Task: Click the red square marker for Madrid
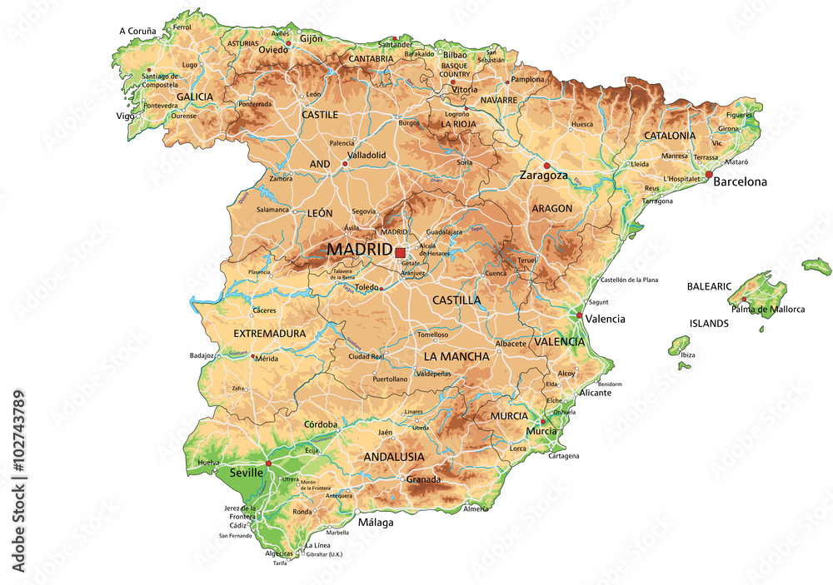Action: click(400, 251)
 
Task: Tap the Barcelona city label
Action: click(741, 181)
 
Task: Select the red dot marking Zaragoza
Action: click(546, 166)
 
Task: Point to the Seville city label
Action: click(247, 472)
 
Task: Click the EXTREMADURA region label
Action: click(269, 334)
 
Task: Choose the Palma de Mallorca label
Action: click(768, 310)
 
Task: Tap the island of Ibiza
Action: click(680, 344)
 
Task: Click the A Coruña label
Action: click(137, 31)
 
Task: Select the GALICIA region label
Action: click(194, 97)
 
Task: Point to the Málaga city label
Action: click(375, 523)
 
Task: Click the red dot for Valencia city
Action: click(580, 315)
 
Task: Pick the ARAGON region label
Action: click(551, 208)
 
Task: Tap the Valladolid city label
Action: click(367, 155)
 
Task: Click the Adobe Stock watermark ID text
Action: click(18, 481)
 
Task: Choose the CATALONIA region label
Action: click(669, 135)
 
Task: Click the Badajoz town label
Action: click(202, 355)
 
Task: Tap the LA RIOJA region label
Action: click(458, 124)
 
